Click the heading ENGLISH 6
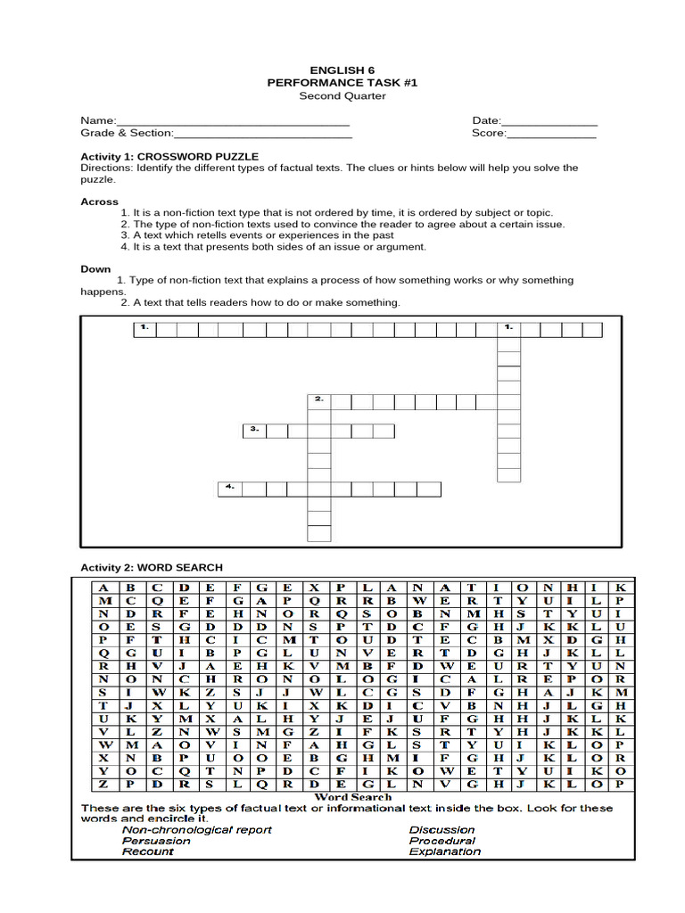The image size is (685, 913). (342, 69)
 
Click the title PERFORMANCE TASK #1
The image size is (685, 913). (342, 82)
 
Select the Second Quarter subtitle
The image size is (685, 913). (342, 95)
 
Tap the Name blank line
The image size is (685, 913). (233, 121)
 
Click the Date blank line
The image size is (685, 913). (549, 121)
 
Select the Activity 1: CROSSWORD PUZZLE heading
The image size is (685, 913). (169, 156)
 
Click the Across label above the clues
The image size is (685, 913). (99, 202)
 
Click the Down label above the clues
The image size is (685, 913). (95, 268)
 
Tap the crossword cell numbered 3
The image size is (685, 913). (254, 431)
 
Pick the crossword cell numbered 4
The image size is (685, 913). (230, 488)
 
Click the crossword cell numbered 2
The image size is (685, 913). (318, 400)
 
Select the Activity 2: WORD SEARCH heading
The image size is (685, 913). (152, 567)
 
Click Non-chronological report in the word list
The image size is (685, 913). (196, 829)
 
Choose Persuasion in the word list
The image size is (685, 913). (156, 840)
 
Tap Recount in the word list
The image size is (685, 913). (148, 851)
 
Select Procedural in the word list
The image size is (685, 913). (442, 840)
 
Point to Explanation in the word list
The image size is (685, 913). (444, 851)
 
